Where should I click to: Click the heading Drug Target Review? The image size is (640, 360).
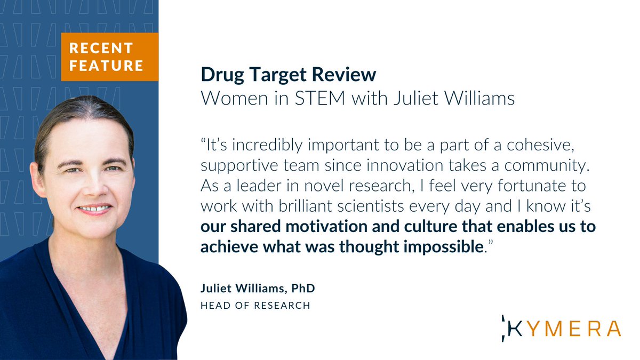[288, 75]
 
